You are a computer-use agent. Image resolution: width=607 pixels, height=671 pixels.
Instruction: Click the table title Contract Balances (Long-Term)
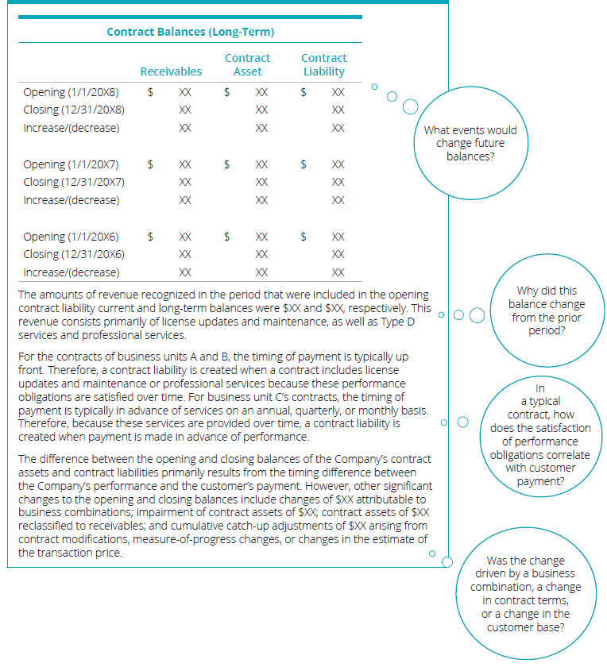pyautogui.click(x=190, y=32)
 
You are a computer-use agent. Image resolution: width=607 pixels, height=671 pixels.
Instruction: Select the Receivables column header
pyautogui.click(x=171, y=71)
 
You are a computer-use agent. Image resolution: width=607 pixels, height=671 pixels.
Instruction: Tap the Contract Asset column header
pyautogui.click(x=247, y=64)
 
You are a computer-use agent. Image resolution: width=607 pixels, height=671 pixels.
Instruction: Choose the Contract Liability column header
pyautogui.click(x=323, y=64)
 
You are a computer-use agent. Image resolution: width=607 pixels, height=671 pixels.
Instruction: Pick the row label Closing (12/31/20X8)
pyautogui.click(x=74, y=110)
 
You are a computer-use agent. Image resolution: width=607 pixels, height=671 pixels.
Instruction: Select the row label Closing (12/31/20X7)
pyautogui.click(x=74, y=182)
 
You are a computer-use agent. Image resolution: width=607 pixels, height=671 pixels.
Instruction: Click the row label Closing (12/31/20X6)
pyautogui.click(x=74, y=254)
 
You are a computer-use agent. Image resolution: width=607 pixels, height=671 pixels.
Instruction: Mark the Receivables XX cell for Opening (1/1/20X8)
pyautogui.click(x=185, y=92)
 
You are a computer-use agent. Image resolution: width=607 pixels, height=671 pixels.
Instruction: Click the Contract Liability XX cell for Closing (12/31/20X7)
pyautogui.click(x=338, y=182)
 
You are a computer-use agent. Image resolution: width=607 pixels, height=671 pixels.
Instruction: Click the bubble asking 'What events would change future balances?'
pyautogui.click(x=470, y=144)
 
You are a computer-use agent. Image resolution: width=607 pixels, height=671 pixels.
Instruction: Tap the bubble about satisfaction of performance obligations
pyautogui.click(x=539, y=435)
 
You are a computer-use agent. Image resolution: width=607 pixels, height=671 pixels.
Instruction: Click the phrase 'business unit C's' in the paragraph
pyautogui.click(x=282, y=396)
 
